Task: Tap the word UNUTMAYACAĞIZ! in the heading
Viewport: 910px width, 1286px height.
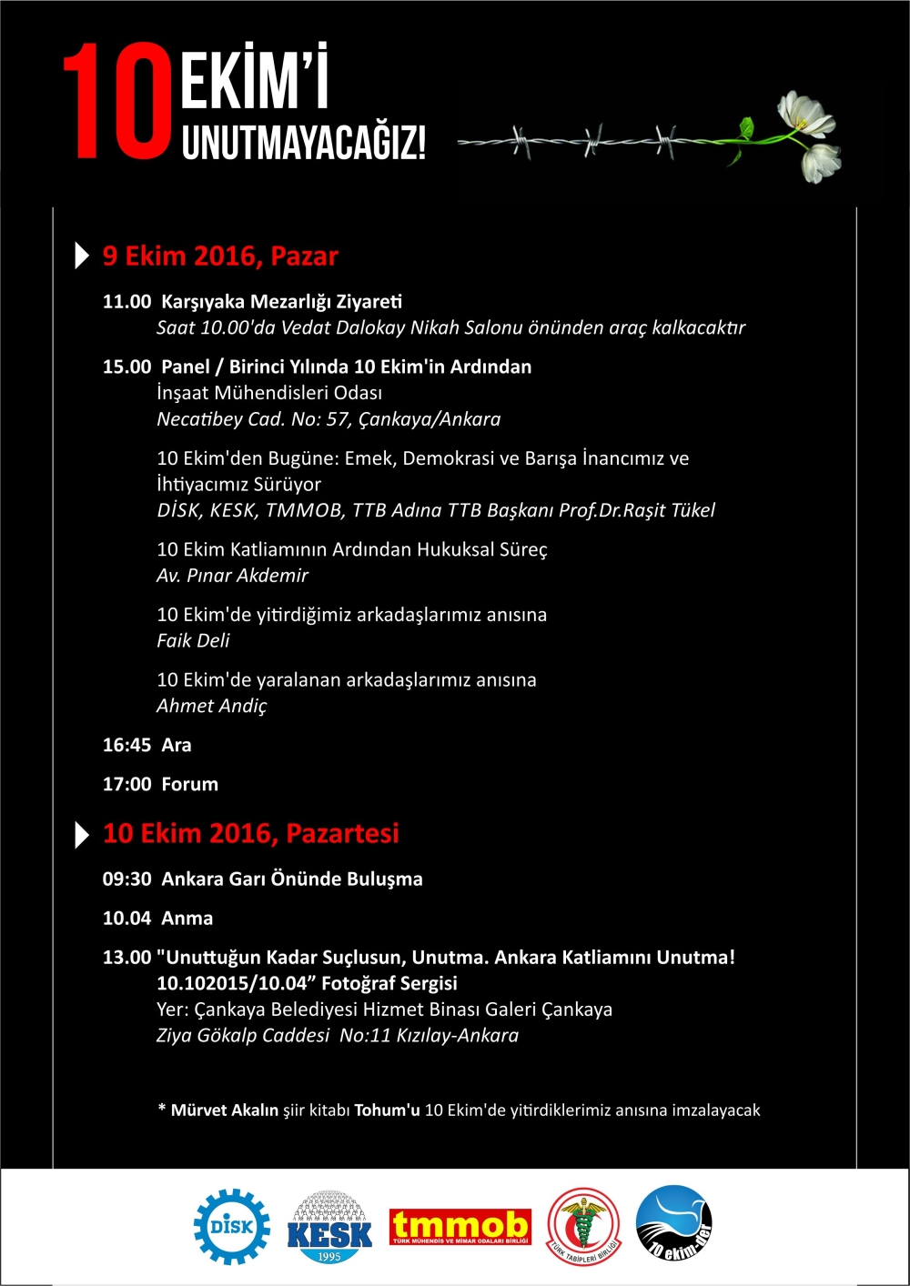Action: click(304, 144)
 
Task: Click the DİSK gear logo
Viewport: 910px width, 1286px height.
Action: click(231, 1227)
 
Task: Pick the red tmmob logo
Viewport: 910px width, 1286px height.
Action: click(460, 1226)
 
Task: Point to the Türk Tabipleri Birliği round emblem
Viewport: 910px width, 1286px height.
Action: click(583, 1227)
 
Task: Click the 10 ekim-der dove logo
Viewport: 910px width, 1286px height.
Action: click(673, 1224)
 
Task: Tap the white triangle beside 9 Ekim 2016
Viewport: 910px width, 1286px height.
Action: click(82, 256)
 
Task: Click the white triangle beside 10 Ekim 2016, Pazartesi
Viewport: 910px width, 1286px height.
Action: click(82, 834)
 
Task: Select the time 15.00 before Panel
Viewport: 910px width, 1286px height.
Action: click(126, 367)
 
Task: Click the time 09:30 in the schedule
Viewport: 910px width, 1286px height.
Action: click(126, 879)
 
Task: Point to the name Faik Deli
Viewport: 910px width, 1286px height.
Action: click(193, 640)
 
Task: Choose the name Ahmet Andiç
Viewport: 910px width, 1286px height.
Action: click(212, 706)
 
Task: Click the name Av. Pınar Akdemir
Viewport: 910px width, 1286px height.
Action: click(232, 576)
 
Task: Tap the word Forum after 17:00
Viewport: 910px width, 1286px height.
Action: click(189, 784)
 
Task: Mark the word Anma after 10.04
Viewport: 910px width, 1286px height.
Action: click(187, 919)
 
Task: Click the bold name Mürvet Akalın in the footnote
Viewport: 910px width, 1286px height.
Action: click(225, 1110)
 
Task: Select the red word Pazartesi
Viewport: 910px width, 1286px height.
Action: click(342, 833)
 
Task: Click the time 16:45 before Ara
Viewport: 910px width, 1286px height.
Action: click(126, 745)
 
